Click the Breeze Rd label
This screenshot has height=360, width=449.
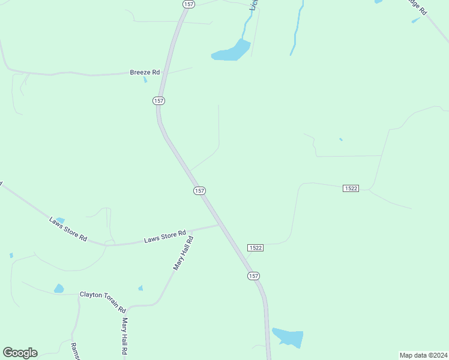(x=145, y=72)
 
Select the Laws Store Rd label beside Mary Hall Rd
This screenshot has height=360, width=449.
(x=165, y=236)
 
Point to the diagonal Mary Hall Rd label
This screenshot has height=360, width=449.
(x=183, y=253)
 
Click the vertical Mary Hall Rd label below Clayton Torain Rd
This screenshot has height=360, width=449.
(x=125, y=336)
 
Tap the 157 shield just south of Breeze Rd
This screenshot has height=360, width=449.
(x=158, y=101)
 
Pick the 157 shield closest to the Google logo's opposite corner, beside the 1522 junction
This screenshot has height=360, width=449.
(x=253, y=275)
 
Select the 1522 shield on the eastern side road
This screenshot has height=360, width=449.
(x=351, y=188)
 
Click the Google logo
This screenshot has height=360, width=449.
(x=20, y=353)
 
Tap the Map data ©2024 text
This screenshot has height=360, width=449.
(x=423, y=355)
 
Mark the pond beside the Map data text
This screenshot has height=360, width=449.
(x=288, y=337)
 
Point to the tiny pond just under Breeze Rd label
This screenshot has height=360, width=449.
(x=145, y=80)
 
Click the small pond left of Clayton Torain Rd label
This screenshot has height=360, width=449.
(x=58, y=289)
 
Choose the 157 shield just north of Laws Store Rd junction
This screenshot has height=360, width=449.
(x=200, y=190)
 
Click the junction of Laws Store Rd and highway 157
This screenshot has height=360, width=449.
(x=218, y=226)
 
